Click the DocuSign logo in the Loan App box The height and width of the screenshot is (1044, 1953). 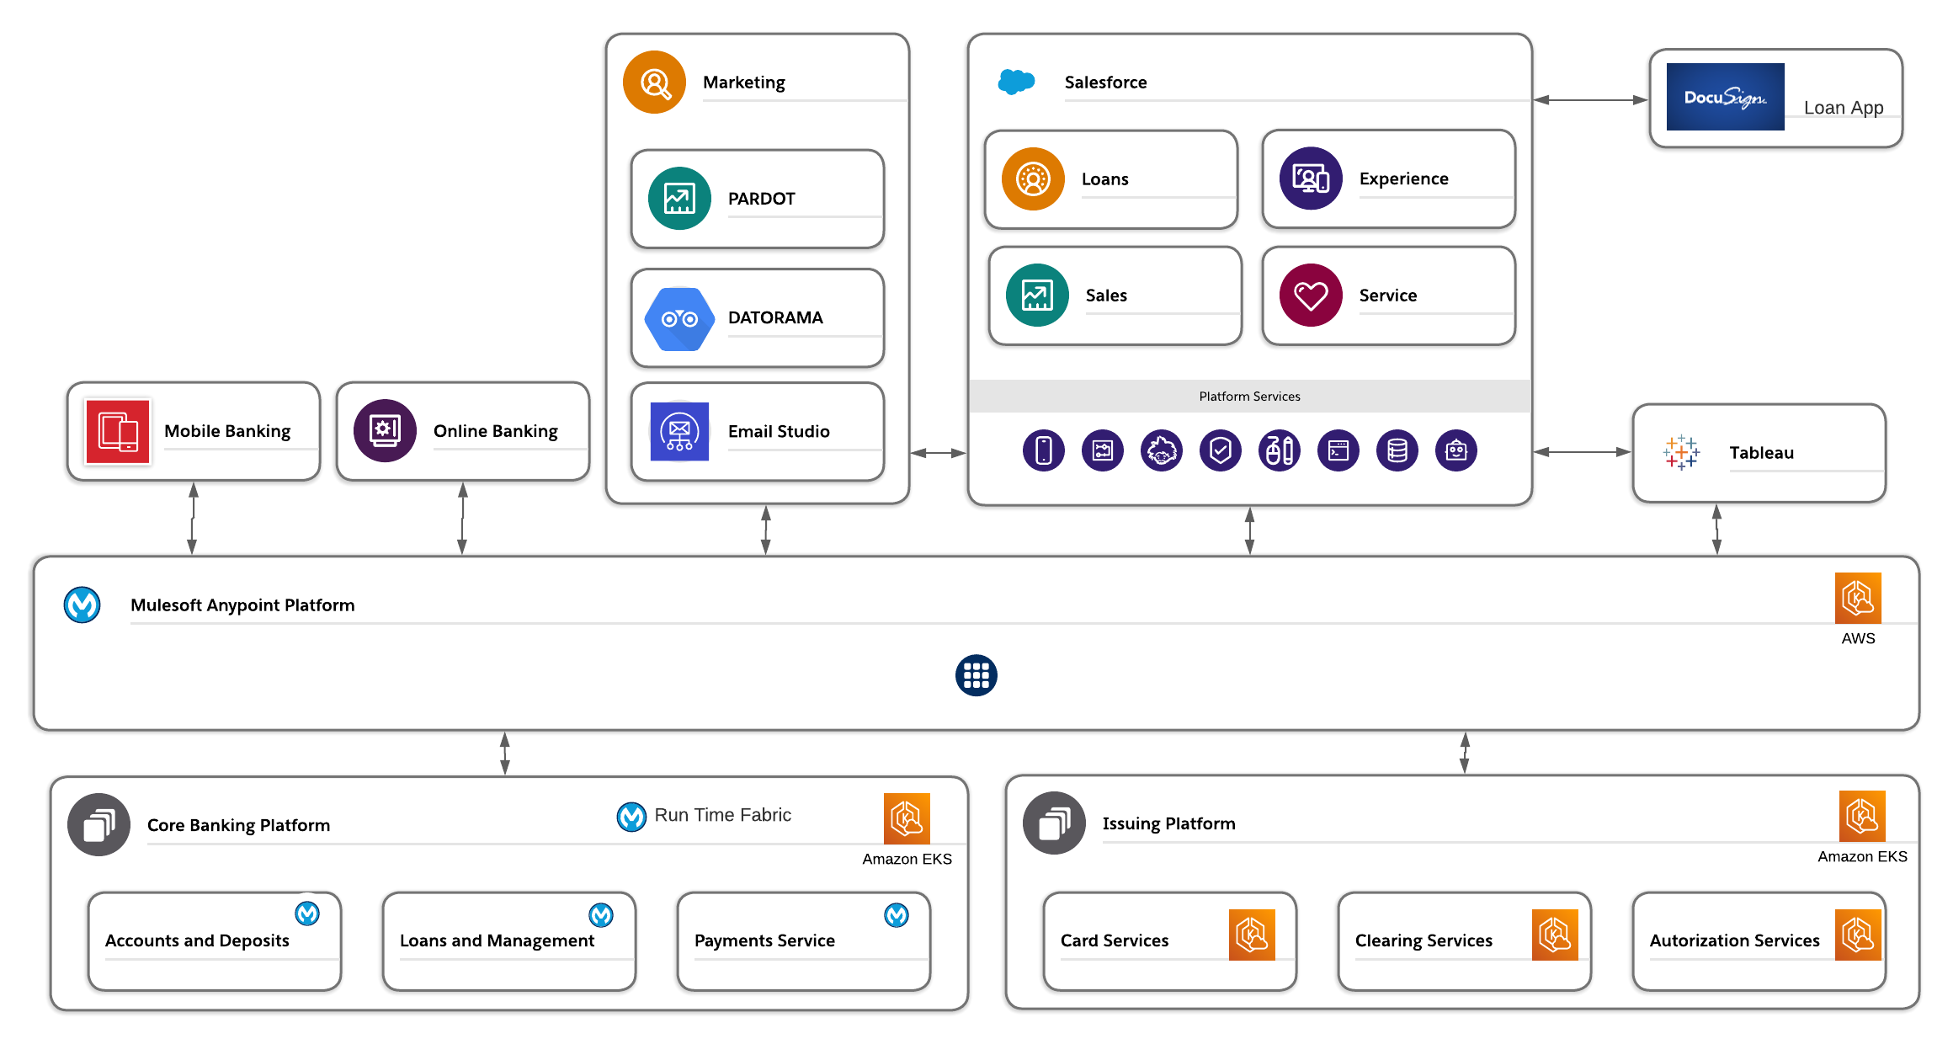click(1725, 97)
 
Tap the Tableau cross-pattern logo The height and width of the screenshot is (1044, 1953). click(1681, 452)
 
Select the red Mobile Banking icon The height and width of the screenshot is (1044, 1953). click(118, 432)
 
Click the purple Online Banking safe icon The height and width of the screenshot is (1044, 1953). click(385, 431)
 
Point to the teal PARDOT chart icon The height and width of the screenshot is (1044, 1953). click(679, 199)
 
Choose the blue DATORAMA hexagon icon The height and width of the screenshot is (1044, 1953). click(679, 319)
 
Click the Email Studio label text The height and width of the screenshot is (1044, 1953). click(779, 431)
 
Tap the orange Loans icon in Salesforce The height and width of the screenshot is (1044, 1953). click(1033, 179)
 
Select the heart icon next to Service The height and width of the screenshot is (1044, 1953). click(1311, 296)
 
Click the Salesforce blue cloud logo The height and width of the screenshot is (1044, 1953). click(1016, 82)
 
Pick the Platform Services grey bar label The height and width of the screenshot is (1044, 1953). click(1249, 397)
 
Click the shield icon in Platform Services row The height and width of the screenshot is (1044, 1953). click(1221, 450)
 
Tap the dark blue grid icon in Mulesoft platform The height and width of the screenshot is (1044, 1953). click(976, 675)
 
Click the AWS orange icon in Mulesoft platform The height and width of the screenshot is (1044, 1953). click(1858, 599)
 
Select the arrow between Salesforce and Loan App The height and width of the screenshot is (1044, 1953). click(1590, 100)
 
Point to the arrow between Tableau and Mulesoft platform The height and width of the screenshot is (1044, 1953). click(1716, 530)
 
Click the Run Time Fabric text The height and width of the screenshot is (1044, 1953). click(722, 815)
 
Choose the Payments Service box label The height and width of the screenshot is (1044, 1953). click(764, 940)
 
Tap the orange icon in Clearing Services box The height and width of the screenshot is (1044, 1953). click(1555, 935)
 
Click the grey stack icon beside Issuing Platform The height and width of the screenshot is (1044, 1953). click(1054, 823)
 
